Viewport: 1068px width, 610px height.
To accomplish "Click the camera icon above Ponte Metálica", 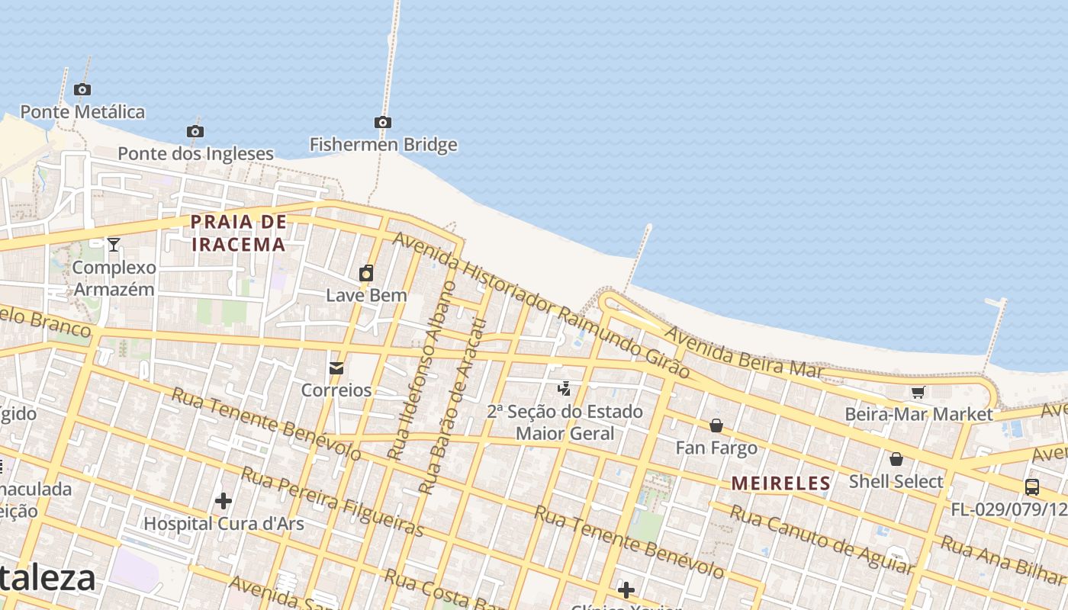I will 82,90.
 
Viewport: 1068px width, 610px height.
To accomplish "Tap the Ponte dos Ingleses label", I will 195,153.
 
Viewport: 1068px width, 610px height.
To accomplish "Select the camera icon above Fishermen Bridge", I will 383,122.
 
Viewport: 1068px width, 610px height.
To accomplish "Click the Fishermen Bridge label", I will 383,144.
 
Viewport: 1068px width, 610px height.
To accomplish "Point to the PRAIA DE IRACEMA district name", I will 238,233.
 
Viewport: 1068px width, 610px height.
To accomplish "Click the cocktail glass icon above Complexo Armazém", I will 114,245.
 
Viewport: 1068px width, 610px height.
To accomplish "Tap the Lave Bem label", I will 366,295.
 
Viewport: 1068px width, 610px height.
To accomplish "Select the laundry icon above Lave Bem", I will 366,273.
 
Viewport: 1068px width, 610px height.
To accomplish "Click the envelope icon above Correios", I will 336,368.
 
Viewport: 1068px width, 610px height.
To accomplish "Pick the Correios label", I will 336,390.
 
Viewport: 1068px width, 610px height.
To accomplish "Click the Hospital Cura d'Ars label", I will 224,524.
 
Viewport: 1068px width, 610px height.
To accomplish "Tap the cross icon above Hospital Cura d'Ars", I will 224,501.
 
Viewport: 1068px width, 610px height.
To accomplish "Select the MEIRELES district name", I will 780,483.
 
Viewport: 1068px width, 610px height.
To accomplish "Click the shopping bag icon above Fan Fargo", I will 716,425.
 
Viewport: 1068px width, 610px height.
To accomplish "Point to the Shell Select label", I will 896,481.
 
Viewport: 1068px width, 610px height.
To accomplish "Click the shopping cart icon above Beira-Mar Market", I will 918,392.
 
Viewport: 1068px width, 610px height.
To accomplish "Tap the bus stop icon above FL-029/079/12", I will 1032,486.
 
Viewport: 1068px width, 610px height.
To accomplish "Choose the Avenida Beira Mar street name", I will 744,352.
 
